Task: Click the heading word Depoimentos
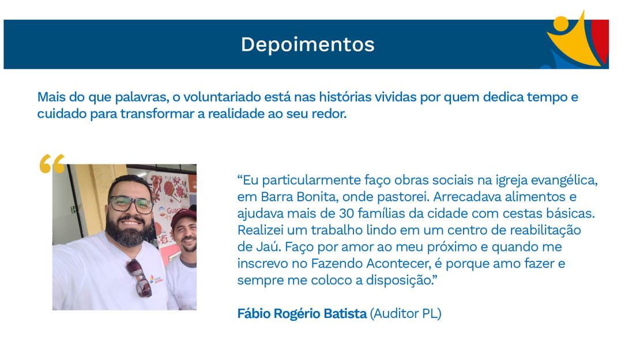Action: coord(307,45)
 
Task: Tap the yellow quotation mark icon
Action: coord(52,164)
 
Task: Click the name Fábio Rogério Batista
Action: coord(302,314)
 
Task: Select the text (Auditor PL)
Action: coord(405,314)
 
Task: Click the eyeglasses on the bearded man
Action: coord(131,204)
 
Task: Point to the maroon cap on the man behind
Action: coord(184,217)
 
